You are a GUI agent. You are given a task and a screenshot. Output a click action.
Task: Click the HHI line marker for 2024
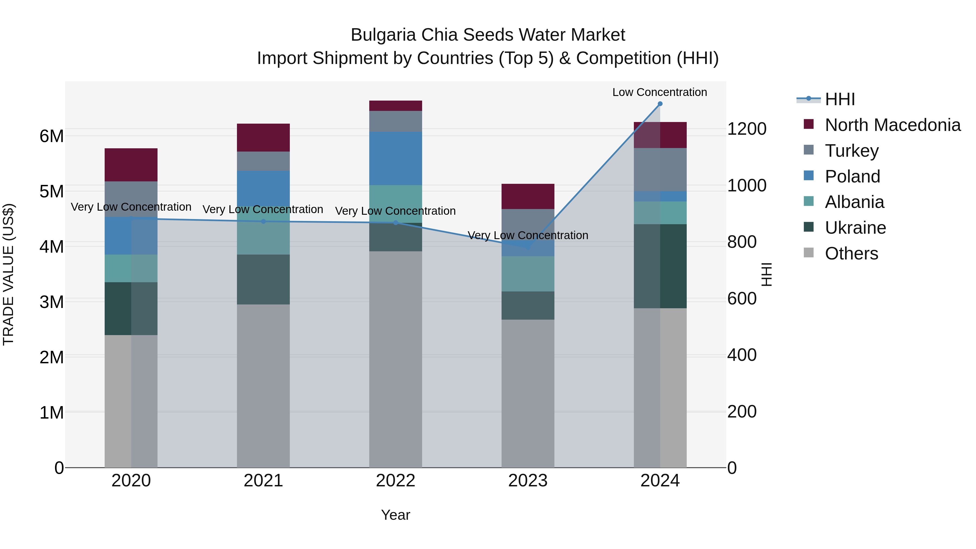point(660,104)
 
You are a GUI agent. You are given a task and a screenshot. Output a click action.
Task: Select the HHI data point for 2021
point(264,221)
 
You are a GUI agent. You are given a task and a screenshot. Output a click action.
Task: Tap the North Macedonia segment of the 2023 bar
point(528,196)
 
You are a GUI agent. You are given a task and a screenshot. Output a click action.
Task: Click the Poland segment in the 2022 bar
point(396,158)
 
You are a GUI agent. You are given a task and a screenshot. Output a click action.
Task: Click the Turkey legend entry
point(851,151)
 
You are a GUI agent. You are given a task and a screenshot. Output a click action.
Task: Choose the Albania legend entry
point(854,202)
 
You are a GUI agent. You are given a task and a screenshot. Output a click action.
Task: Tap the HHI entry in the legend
point(840,99)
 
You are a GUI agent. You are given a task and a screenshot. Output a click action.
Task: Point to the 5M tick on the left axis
point(52,191)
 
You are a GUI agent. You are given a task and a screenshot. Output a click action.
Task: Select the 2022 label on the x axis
point(396,481)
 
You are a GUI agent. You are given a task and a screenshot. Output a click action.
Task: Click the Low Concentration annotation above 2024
point(660,92)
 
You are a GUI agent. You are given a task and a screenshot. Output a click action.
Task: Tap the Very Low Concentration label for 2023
point(528,235)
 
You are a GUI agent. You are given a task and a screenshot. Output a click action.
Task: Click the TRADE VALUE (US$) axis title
point(9,274)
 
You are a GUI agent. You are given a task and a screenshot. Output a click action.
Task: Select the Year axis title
point(396,515)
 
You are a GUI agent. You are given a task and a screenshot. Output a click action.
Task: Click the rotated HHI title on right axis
point(766,274)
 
